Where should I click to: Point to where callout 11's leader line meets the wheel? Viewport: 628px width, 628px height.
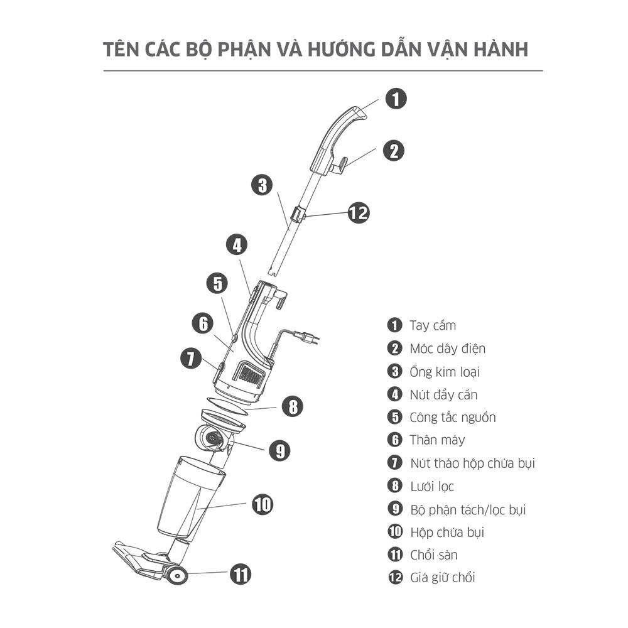tap(187, 573)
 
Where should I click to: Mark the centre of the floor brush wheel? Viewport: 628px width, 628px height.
tap(177, 576)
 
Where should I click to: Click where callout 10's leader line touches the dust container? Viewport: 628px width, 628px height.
tap(198, 509)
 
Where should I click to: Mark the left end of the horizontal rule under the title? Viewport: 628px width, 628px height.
tap(104, 71)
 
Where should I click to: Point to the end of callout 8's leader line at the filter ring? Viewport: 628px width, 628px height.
tap(245, 410)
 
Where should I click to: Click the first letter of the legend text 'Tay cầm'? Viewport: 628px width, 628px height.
tap(413, 325)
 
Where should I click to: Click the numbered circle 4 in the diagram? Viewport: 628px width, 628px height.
tap(237, 245)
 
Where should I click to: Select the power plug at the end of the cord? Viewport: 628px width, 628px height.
tap(308, 337)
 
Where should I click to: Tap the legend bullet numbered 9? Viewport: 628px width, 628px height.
tap(395, 509)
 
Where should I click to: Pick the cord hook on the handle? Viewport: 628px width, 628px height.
tap(339, 165)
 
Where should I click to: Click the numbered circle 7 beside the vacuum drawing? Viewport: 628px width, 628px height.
tap(191, 359)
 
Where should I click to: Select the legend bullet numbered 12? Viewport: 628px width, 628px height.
tap(395, 578)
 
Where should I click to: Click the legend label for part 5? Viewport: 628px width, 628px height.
tap(453, 418)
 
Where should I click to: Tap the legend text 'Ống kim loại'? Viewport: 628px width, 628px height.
tap(445, 372)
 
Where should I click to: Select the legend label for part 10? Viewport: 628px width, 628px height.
tap(447, 533)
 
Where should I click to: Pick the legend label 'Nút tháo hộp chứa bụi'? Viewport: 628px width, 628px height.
tap(473, 463)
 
